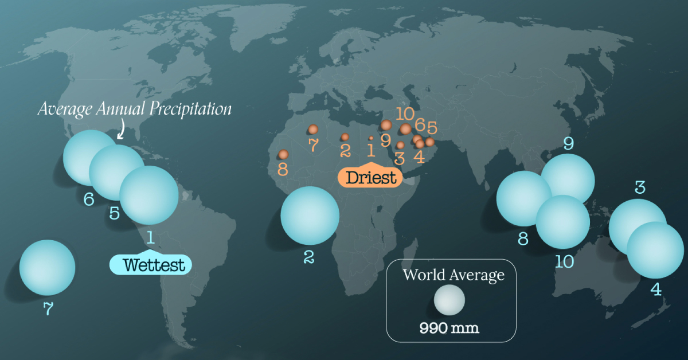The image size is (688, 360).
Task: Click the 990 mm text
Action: pos(449,328)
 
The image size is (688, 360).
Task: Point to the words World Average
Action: pos(453,275)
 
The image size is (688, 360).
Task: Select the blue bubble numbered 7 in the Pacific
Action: pos(47,268)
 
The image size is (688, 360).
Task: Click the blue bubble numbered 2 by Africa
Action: pos(310,215)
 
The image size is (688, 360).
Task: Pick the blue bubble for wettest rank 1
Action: pos(150,195)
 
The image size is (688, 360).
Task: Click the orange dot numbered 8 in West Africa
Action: pos(283,154)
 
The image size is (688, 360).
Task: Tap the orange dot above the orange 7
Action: pos(313,130)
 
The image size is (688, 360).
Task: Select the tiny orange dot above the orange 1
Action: pos(371,138)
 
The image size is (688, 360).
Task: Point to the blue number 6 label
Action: pos(89,199)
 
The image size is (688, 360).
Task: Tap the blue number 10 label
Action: pos(564,261)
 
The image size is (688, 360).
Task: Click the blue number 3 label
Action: pos(640,187)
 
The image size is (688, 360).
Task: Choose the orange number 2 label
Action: pos(345,150)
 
